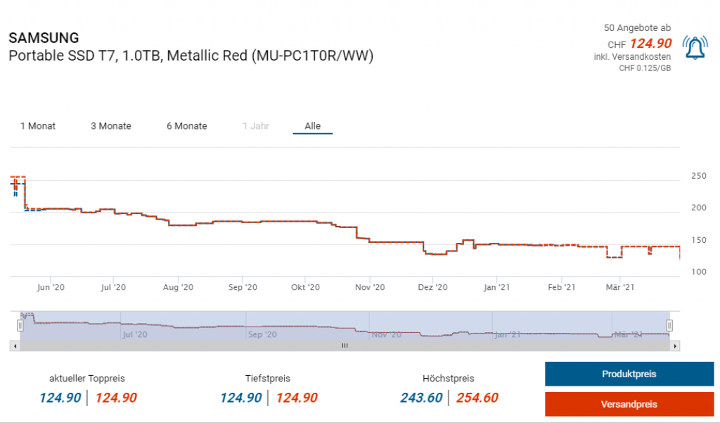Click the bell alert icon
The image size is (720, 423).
[x=695, y=47]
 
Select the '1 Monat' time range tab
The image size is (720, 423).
[x=38, y=126]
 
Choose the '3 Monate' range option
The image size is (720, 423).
[x=111, y=126]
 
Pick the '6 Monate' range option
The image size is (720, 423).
[x=187, y=126]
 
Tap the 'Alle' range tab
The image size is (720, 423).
[x=312, y=126]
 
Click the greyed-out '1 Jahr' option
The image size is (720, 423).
[x=256, y=126]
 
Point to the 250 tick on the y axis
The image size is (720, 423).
[x=698, y=176]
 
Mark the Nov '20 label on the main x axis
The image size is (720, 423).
[x=370, y=287]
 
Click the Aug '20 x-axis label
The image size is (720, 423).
[x=178, y=287]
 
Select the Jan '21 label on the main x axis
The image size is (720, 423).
[x=497, y=287]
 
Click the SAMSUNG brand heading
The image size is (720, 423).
[x=44, y=38]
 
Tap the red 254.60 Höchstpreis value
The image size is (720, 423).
[x=477, y=398]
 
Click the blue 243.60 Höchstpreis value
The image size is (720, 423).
[x=421, y=398]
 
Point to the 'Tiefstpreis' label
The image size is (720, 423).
[x=268, y=379]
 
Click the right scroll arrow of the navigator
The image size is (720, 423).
[x=676, y=346]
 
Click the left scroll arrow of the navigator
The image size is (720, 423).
[x=14, y=346]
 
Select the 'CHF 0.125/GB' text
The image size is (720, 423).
[x=644, y=68]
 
